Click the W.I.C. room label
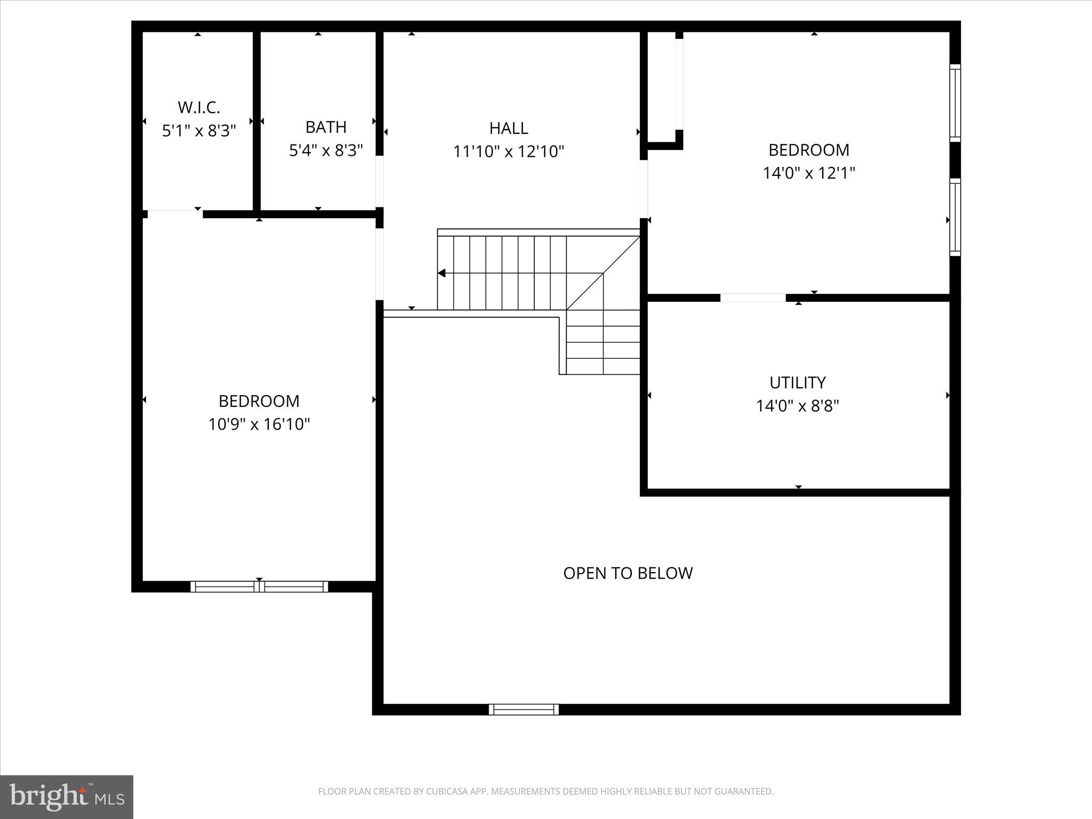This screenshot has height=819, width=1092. tap(198, 107)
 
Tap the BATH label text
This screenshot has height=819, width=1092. tap(326, 127)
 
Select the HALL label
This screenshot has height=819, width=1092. tap(509, 128)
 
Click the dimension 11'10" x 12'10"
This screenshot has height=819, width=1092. tap(509, 152)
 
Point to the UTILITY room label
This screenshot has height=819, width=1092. tap(797, 382)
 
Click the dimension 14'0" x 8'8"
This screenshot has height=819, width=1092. tap(797, 406)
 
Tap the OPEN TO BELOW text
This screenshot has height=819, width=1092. tap(628, 573)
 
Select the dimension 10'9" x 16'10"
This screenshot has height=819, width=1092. tap(259, 424)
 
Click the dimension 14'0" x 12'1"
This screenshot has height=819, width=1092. tap(809, 173)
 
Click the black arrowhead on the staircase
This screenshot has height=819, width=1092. tap(441, 273)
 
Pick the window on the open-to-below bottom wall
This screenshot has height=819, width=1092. tap(524, 709)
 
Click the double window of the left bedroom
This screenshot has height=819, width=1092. tap(260, 587)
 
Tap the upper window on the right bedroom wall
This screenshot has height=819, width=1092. tap(955, 103)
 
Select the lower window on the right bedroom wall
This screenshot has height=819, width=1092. tap(955, 218)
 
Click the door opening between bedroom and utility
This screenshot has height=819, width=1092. tap(752, 298)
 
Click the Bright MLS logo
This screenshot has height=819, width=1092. tap(67, 796)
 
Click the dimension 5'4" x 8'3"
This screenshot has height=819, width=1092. tap(326, 151)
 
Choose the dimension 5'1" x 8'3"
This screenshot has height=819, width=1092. tap(198, 131)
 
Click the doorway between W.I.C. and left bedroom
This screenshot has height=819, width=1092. tap(174, 214)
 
